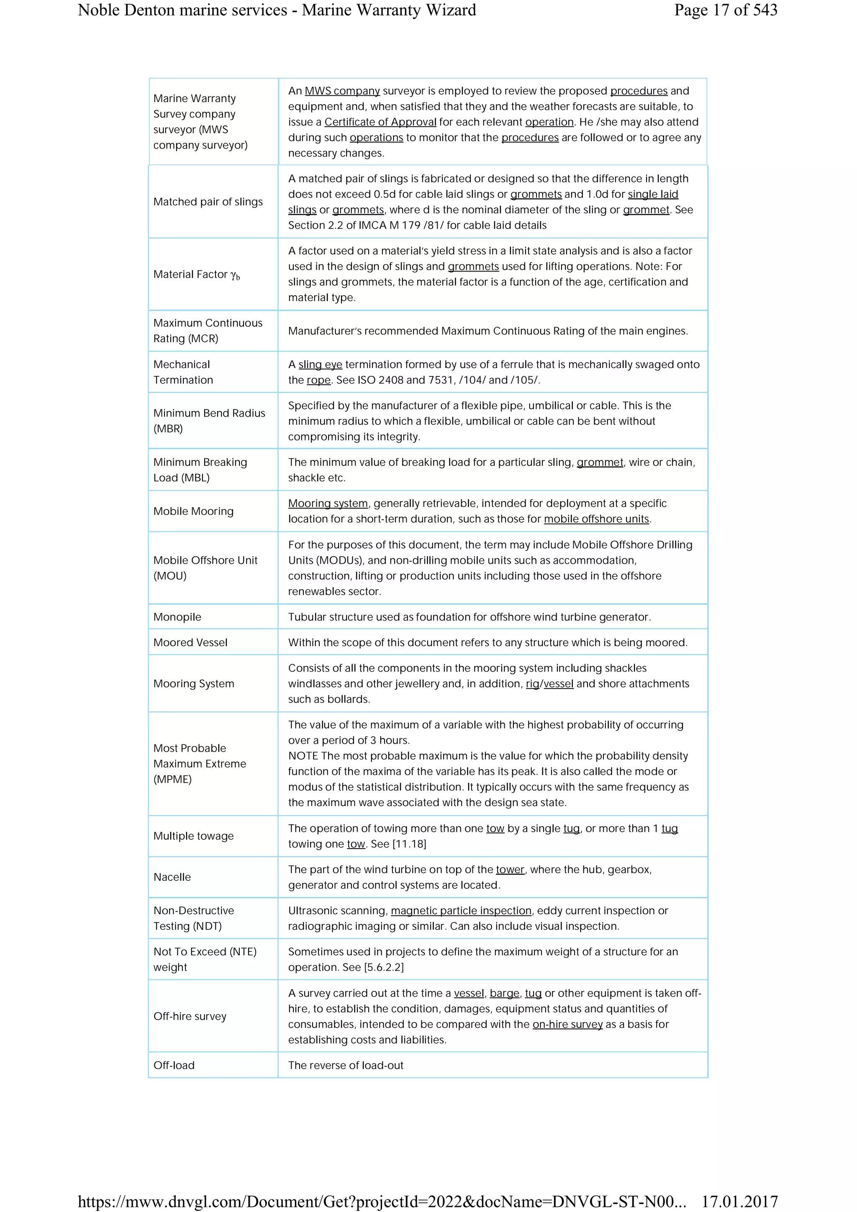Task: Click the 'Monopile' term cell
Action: click(177, 616)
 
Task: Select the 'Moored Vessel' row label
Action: click(190, 642)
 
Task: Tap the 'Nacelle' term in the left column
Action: click(172, 877)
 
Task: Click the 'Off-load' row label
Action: click(174, 1065)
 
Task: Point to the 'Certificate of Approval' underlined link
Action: click(380, 122)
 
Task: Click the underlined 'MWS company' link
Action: click(342, 91)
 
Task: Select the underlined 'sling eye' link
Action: click(320, 364)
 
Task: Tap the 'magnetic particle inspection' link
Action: click(461, 910)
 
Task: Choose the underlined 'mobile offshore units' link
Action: click(596, 519)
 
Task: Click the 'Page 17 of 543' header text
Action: click(725, 10)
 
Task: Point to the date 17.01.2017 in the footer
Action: click(739, 1202)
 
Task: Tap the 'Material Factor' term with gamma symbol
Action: click(196, 274)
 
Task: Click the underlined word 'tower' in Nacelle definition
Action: click(510, 869)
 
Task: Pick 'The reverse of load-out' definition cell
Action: click(345, 1065)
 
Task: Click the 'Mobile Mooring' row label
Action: click(193, 511)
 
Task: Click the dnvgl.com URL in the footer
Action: click(381, 1202)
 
